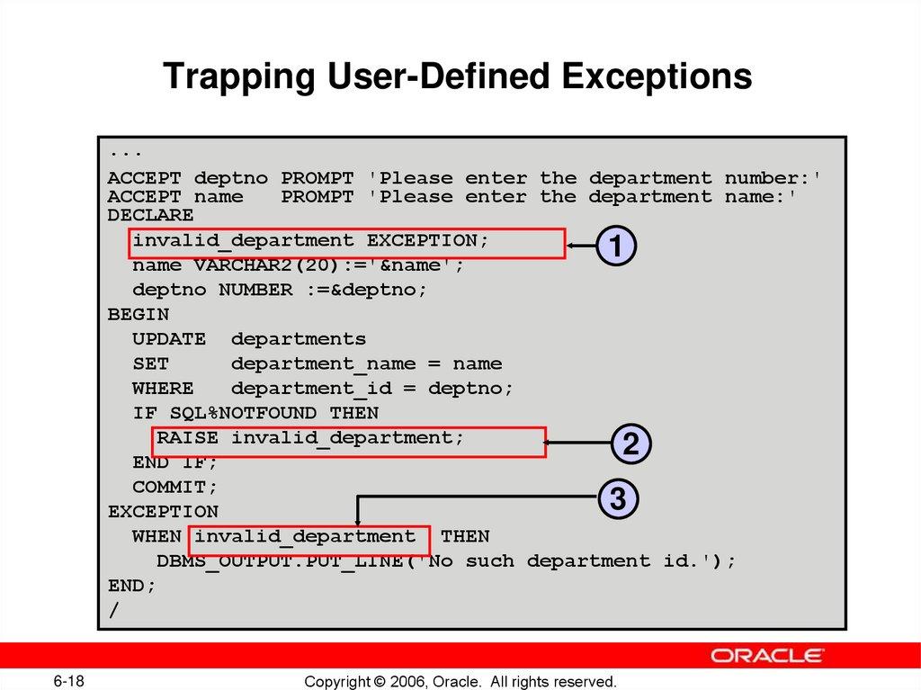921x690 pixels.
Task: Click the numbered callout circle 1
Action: point(617,246)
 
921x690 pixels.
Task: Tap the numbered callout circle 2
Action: point(630,443)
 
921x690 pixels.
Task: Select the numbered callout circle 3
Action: point(618,498)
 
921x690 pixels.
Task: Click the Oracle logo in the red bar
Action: point(767,655)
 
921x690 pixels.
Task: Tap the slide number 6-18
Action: point(68,680)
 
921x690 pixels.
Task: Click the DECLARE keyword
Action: point(150,216)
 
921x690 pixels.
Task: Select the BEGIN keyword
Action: point(138,315)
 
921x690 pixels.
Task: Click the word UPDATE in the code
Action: point(168,339)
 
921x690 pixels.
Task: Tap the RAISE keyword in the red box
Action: point(187,438)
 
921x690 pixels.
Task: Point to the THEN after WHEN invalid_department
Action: point(465,536)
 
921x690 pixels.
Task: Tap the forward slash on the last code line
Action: point(113,610)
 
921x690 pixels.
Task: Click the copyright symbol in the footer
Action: point(378,681)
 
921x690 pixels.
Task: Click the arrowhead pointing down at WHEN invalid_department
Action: point(358,521)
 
